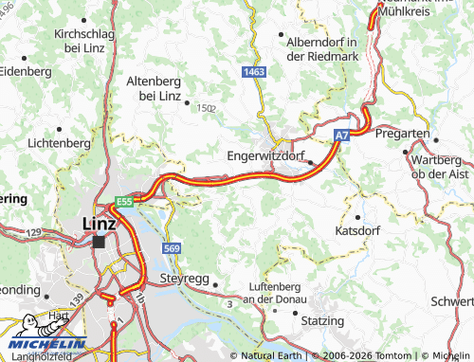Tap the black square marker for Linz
click(x=99, y=242)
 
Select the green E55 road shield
click(x=123, y=202)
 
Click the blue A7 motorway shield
click(x=340, y=137)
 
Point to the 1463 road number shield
click(x=252, y=71)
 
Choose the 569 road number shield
click(x=171, y=248)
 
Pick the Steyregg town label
click(x=179, y=281)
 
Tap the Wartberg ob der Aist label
click(x=441, y=165)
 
